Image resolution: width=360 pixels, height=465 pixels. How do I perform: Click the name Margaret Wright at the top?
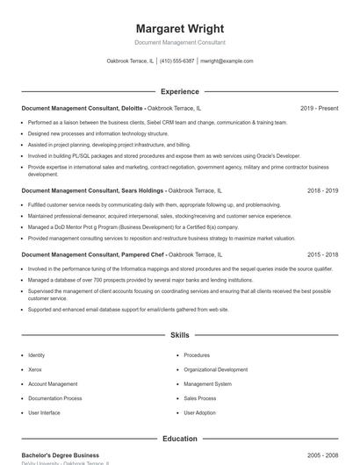(x=180, y=28)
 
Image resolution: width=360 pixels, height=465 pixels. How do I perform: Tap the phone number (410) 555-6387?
(x=177, y=61)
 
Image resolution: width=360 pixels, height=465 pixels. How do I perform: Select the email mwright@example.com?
(x=227, y=61)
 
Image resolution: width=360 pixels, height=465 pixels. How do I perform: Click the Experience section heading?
(x=180, y=91)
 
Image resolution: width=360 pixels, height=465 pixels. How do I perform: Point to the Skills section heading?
(x=180, y=335)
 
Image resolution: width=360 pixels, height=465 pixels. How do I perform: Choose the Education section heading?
(x=180, y=439)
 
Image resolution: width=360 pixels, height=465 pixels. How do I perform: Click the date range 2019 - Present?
(x=319, y=109)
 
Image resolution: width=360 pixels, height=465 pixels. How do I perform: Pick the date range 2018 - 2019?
(x=322, y=190)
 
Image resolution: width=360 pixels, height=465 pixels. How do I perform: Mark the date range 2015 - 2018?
(x=322, y=254)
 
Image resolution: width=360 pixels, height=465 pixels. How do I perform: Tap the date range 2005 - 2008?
(x=322, y=455)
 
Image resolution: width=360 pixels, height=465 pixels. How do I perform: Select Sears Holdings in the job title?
(x=140, y=190)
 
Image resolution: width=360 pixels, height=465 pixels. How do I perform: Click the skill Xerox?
(x=35, y=369)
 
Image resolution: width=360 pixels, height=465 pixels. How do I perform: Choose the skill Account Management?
(x=53, y=383)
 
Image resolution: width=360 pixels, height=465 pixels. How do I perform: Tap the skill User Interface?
(x=44, y=412)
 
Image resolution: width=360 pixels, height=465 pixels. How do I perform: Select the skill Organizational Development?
(x=215, y=369)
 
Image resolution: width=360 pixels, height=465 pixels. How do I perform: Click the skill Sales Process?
(x=200, y=398)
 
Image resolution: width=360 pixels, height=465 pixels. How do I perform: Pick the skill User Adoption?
(x=199, y=412)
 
